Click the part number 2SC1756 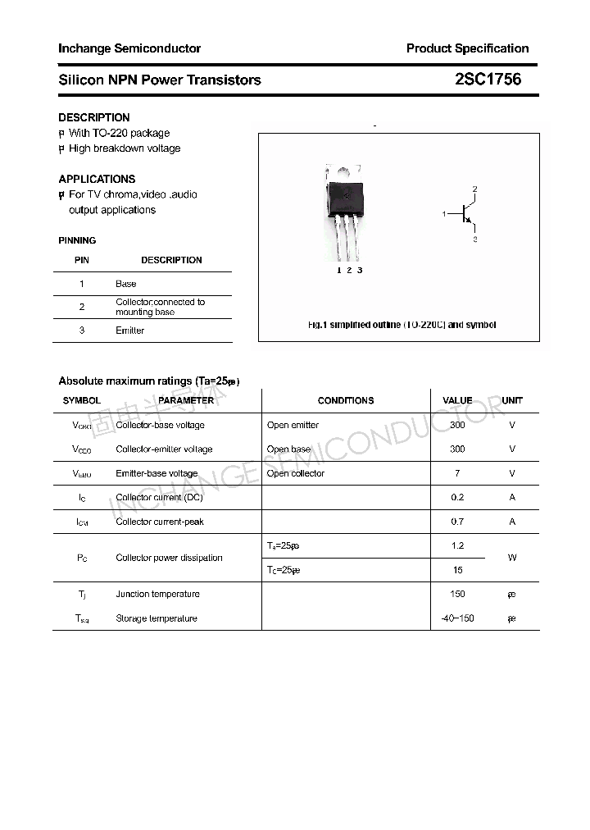488,80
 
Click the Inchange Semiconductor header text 129,48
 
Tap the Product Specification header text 467,48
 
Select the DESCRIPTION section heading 94,117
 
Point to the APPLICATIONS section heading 97,179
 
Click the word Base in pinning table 126,284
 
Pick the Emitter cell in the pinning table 129,331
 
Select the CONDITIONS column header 345,400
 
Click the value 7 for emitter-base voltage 457,473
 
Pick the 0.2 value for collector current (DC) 457,497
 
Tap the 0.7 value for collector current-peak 457,522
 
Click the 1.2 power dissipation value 457,545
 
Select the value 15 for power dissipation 457,570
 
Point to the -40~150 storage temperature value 457,618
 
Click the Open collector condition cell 296,473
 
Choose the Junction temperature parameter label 157,594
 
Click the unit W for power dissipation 512,558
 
